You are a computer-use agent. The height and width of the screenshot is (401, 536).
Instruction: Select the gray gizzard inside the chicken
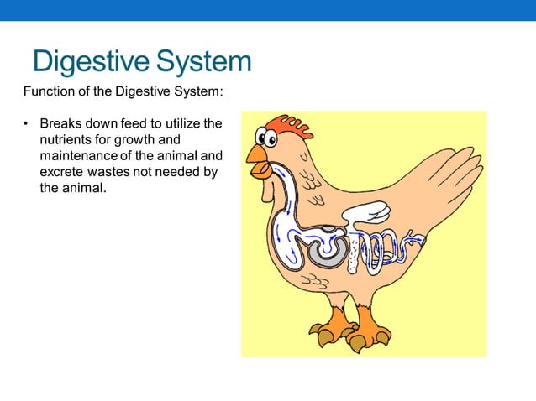click(x=324, y=251)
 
